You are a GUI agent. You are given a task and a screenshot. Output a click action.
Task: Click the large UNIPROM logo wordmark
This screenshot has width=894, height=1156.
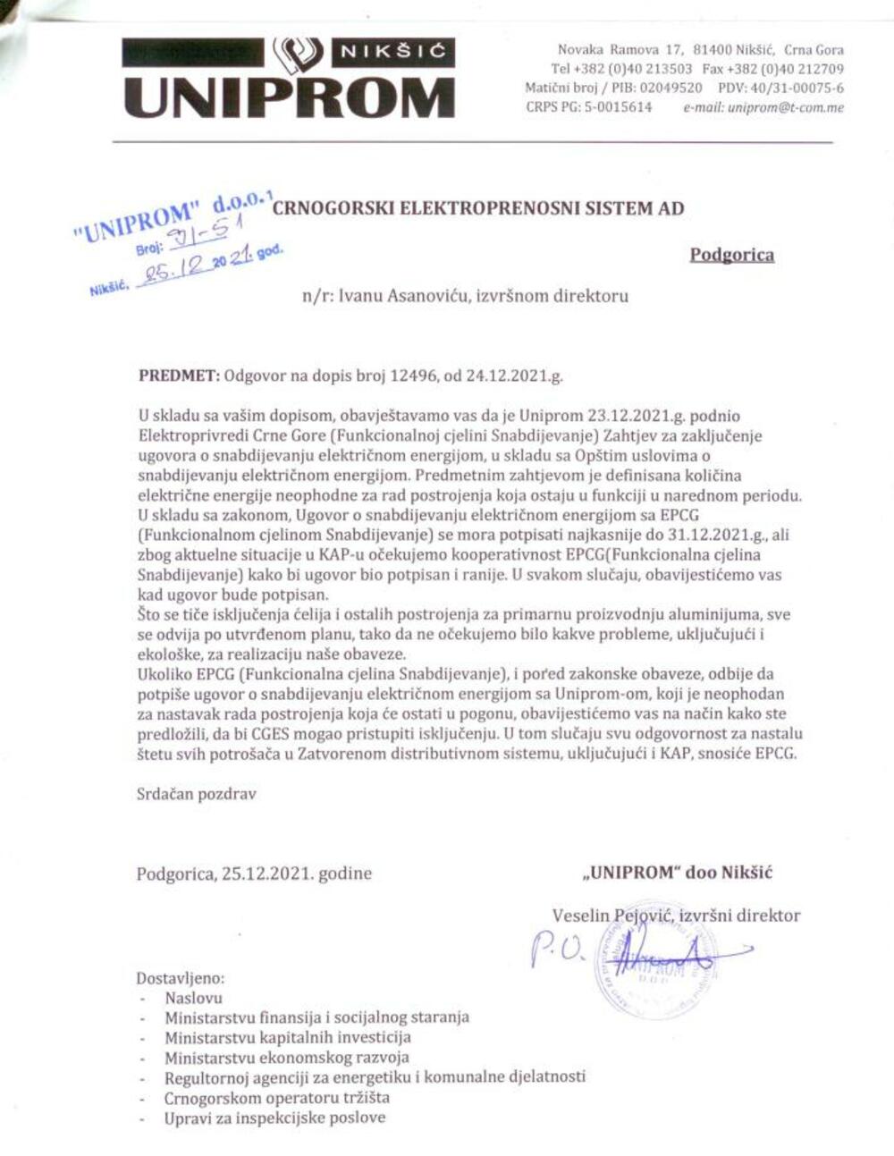288,97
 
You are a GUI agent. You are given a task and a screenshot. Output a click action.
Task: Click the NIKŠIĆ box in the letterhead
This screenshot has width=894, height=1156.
392,52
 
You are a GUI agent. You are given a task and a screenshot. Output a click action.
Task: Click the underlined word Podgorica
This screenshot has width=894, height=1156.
731,255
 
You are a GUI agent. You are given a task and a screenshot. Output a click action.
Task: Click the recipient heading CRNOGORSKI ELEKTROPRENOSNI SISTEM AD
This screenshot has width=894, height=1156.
477,208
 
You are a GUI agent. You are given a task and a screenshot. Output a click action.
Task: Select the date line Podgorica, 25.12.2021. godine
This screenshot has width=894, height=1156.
254,873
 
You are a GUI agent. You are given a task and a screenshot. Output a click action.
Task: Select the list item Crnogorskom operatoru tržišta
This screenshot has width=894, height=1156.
276,1098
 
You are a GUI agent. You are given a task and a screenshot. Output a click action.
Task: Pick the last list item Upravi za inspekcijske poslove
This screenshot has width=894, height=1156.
274,1118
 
